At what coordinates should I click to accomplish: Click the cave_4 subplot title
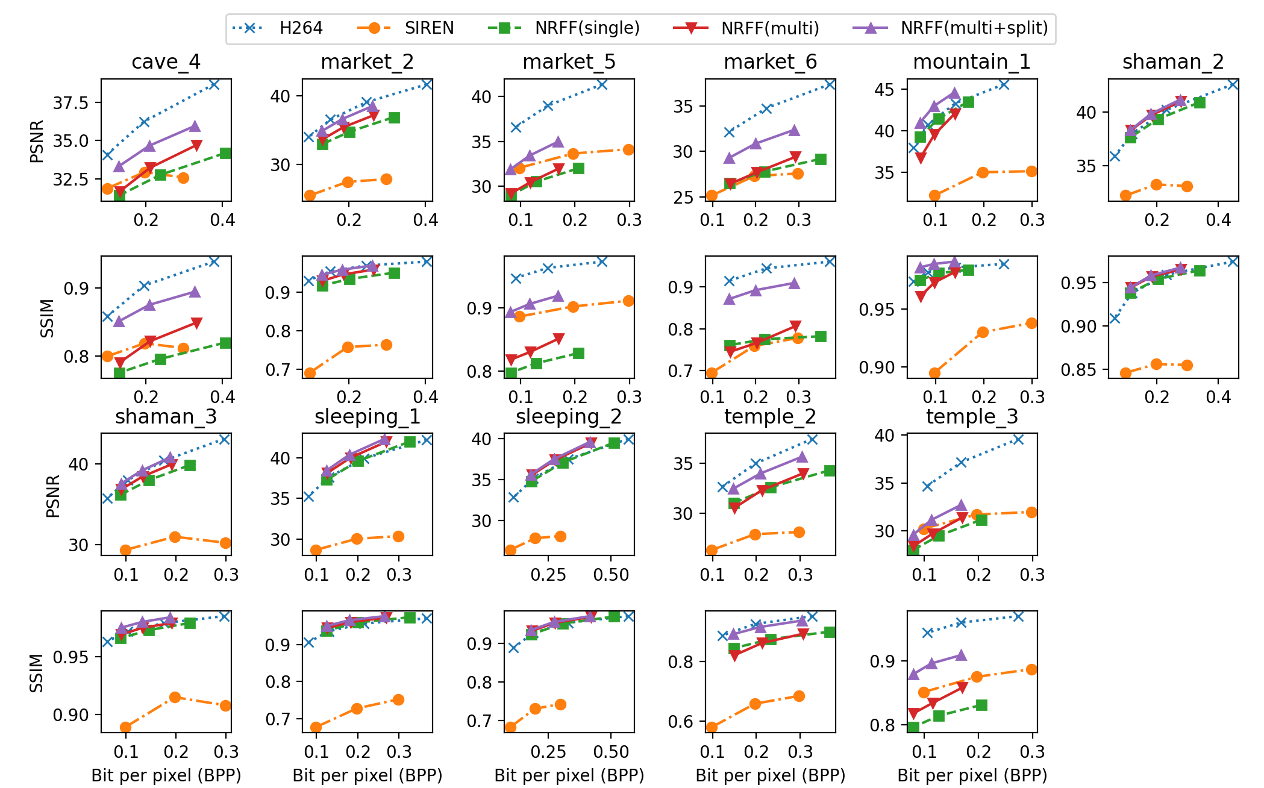pos(166,62)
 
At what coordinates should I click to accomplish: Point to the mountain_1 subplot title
pos(972,62)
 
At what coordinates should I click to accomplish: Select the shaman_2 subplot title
pos(1173,62)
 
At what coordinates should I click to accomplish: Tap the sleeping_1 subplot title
pos(367,417)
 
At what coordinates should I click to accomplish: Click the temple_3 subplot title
pos(972,417)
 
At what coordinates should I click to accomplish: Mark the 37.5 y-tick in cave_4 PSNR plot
pos(70,103)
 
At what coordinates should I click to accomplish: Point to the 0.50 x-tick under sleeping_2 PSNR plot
pos(611,575)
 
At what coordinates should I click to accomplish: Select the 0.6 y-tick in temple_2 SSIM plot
pos(680,722)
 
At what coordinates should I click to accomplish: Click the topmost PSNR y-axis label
pos(37,142)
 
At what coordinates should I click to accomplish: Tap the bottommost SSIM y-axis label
pos(37,673)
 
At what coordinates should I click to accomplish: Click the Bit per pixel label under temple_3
pos(972,775)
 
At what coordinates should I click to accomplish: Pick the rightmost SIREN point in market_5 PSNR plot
pos(628,149)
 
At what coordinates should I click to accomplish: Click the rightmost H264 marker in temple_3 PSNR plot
pos(1018,439)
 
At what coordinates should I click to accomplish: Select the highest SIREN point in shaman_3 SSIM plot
pos(175,697)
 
